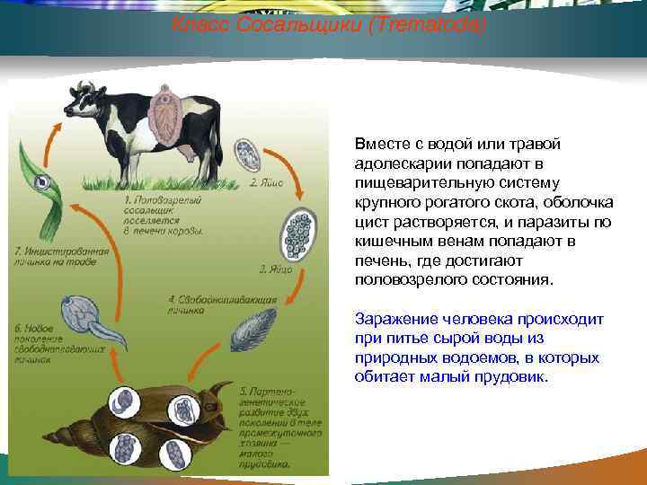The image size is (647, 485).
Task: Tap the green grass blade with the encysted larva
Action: point(40,184)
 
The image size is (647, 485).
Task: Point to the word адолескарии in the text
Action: point(401,164)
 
